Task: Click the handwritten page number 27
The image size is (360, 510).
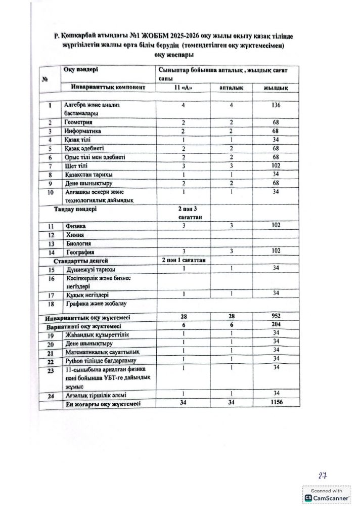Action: click(x=322, y=476)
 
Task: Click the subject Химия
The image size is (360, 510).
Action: click(x=74, y=235)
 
